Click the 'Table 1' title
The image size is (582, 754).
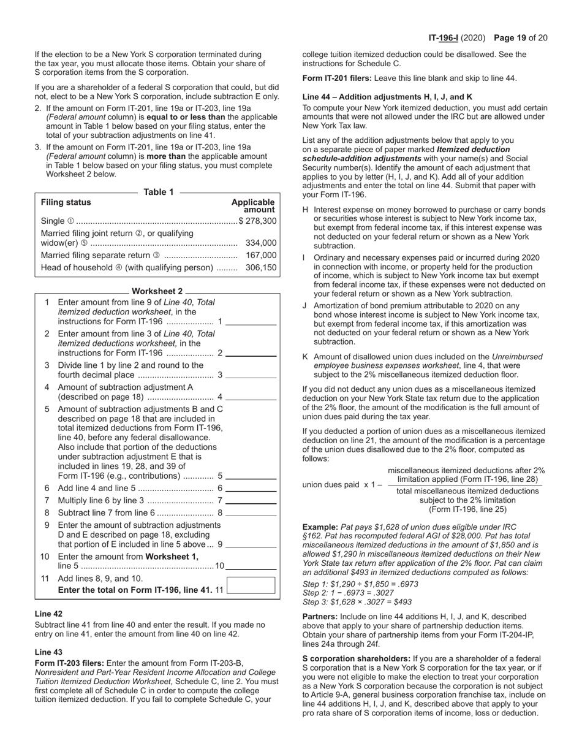(158, 192)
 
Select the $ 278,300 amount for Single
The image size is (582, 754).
(258, 221)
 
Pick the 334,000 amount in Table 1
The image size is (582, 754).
(261, 243)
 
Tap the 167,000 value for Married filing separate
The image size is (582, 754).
(261, 255)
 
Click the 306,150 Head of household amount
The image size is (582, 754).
(261, 268)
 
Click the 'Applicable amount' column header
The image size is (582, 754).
(253, 206)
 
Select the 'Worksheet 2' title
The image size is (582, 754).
(157, 291)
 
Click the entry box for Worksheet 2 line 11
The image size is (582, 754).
(251, 585)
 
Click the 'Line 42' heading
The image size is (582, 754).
(48, 614)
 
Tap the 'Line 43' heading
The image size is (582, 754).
(48, 652)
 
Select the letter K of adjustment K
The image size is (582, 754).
(305, 357)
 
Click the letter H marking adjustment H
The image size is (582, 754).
(306, 210)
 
